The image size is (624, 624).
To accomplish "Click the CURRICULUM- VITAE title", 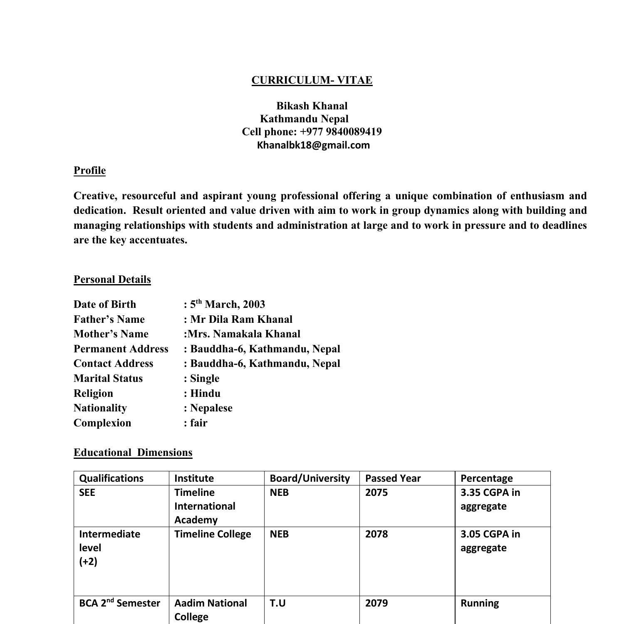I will (312, 80).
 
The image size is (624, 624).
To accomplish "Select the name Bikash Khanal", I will (312, 106).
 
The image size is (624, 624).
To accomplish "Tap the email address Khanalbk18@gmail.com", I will (313, 145).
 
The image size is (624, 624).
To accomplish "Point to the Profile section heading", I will (89, 171).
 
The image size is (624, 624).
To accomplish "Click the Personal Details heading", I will (112, 280).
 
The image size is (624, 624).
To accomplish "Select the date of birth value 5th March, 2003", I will (227, 305).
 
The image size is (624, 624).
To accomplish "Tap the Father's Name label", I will (109, 319).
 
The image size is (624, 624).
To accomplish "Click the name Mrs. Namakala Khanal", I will (244, 334).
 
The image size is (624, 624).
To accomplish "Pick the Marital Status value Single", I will (204, 379).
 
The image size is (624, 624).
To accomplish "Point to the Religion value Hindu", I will (205, 394).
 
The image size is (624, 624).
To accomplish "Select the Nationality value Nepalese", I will (211, 408).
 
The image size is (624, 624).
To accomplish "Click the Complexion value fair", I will (198, 423).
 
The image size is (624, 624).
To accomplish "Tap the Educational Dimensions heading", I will (133, 453).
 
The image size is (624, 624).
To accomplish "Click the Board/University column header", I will (310, 478).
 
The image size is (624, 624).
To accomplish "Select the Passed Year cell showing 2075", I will (376, 493).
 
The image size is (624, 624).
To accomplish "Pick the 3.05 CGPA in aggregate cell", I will (490, 541).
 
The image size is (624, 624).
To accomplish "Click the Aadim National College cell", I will (210, 609).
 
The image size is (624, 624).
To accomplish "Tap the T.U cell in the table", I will (277, 603).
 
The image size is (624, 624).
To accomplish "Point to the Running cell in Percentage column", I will (479, 603).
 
